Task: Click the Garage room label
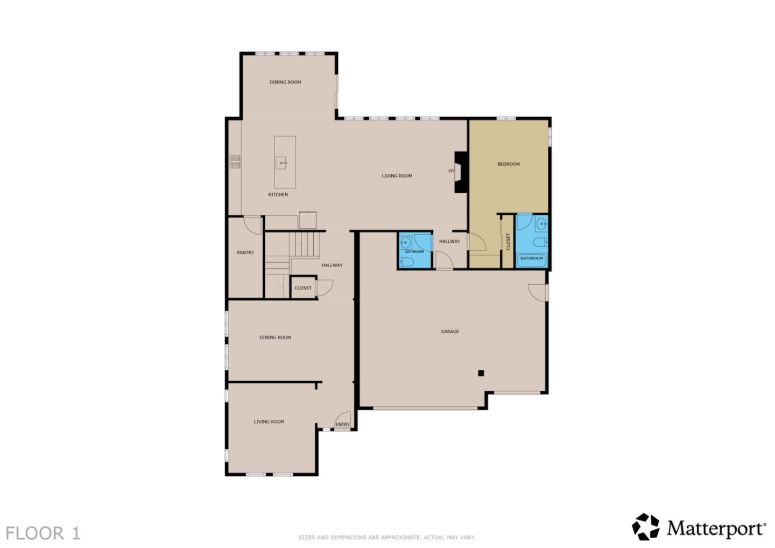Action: (x=450, y=332)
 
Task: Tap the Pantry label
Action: (x=245, y=252)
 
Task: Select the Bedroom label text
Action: (x=509, y=164)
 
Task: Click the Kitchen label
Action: (x=278, y=194)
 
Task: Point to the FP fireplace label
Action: (x=451, y=171)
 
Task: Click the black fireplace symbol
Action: (x=461, y=172)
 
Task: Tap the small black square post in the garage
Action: (x=481, y=373)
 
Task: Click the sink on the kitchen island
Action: (x=283, y=162)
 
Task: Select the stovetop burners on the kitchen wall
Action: (x=235, y=162)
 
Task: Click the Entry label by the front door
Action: (x=342, y=425)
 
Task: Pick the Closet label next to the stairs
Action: (x=303, y=288)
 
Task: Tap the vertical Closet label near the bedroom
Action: (x=508, y=241)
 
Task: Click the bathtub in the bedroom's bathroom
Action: (x=532, y=259)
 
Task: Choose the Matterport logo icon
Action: (x=645, y=526)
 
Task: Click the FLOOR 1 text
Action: (x=43, y=533)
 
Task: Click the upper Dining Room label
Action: (x=285, y=82)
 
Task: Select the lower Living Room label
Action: (x=269, y=421)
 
